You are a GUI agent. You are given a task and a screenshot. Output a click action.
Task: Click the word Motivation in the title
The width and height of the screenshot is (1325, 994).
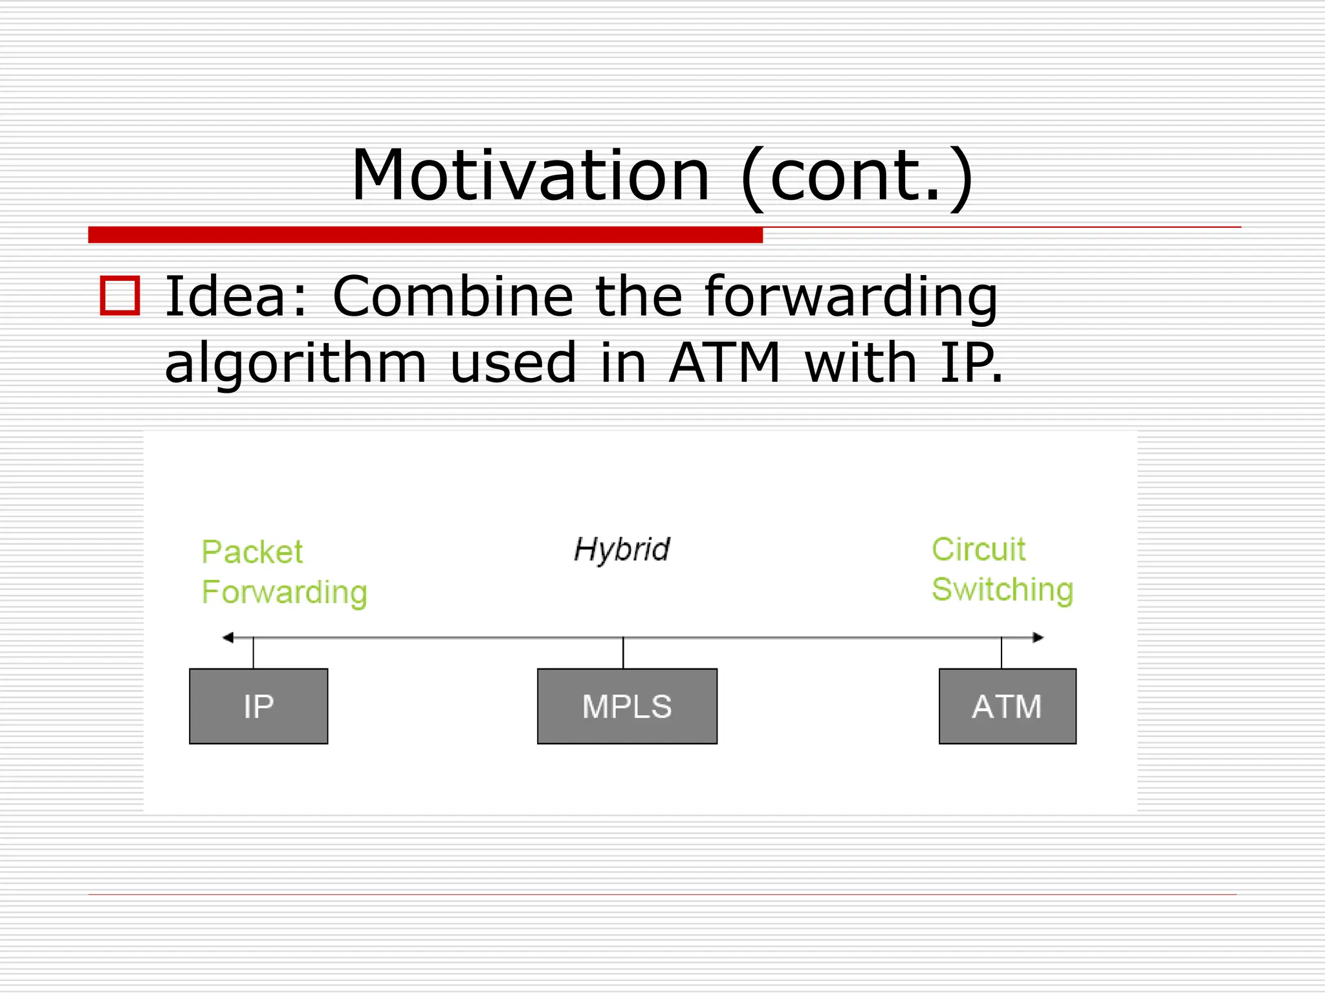pyautogui.click(x=531, y=175)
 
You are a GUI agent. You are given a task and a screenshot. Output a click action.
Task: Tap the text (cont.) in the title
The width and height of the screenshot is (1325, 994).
pyautogui.click(x=857, y=177)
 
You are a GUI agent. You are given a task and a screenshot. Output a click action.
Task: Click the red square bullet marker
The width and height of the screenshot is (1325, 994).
pyautogui.click(x=120, y=296)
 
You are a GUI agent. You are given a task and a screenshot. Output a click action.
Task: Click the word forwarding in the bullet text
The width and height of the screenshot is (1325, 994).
pyautogui.click(x=851, y=298)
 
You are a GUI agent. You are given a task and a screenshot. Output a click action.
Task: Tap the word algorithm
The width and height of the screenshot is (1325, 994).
pyautogui.click(x=296, y=364)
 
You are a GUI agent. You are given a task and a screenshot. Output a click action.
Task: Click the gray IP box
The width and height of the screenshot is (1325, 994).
pyautogui.click(x=259, y=706)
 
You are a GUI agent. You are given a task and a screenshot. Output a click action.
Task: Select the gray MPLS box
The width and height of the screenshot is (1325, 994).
pyautogui.click(x=627, y=706)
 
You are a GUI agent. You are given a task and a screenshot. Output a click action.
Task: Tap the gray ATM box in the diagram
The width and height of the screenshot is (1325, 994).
pyautogui.click(x=1007, y=706)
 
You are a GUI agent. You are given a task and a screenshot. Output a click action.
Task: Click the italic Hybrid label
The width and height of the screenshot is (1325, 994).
pyautogui.click(x=622, y=550)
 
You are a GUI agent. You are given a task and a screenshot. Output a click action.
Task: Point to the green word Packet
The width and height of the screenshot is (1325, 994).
pyautogui.click(x=252, y=552)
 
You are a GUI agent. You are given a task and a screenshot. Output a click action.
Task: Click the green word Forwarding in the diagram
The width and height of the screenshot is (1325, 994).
pyautogui.click(x=285, y=593)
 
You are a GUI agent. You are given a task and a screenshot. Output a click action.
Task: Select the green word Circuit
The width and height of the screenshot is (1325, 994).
pyautogui.click(x=978, y=549)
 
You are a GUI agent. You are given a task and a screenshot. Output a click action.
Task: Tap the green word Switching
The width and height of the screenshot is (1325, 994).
pyautogui.click(x=1002, y=590)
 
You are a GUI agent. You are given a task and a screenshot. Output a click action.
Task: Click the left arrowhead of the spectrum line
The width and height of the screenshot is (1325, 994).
pyautogui.click(x=228, y=637)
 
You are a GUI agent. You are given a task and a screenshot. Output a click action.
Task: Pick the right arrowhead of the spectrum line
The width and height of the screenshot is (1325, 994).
pyautogui.click(x=1038, y=637)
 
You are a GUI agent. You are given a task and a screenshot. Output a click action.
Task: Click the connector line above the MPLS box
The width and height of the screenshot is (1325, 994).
pyautogui.click(x=623, y=653)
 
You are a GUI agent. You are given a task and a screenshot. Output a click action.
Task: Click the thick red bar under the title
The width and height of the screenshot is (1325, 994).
pyautogui.click(x=425, y=235)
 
